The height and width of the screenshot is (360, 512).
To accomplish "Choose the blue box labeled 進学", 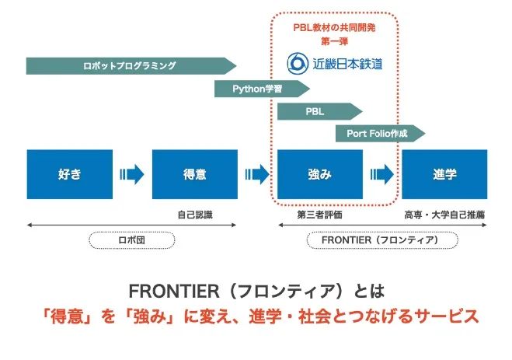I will coord(444,174).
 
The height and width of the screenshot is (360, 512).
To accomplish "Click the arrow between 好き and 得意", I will coord(131,174).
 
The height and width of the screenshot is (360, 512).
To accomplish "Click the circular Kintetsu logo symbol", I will coord(297,63).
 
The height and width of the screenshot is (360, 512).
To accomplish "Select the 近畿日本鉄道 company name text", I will coord(347,63).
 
